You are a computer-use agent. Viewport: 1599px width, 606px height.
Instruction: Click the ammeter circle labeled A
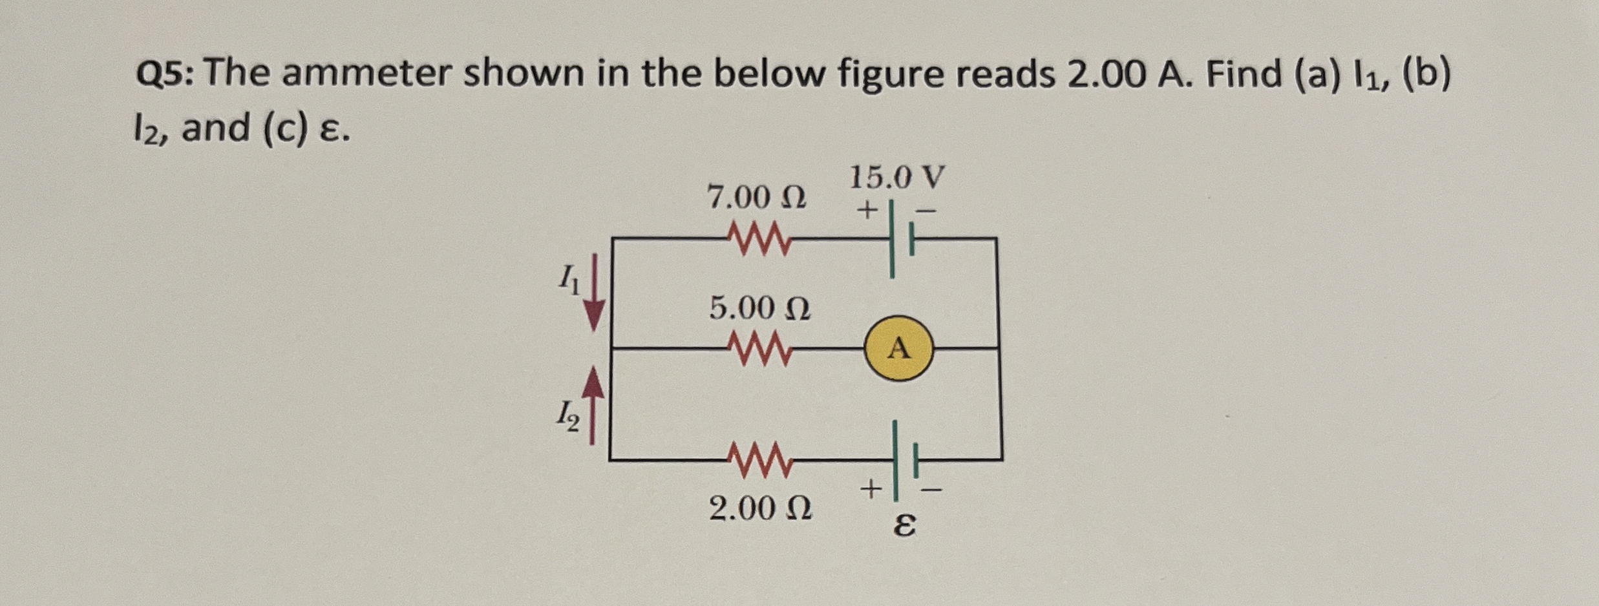(899, 348)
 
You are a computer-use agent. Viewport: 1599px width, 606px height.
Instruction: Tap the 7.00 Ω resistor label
(756, 197)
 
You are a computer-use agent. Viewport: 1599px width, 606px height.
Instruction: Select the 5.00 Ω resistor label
(759, 308)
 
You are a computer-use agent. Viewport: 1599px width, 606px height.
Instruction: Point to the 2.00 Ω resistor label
(760, 509)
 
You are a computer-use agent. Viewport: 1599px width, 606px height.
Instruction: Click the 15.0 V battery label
(896, 178)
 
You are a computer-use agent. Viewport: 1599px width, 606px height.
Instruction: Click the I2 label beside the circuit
(116, 416)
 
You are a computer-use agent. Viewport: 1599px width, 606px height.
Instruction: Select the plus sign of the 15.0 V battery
(867, 210)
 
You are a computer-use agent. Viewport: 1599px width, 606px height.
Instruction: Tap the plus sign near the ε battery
(871, 488)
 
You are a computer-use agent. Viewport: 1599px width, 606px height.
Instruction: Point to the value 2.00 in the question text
(1106, 74)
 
